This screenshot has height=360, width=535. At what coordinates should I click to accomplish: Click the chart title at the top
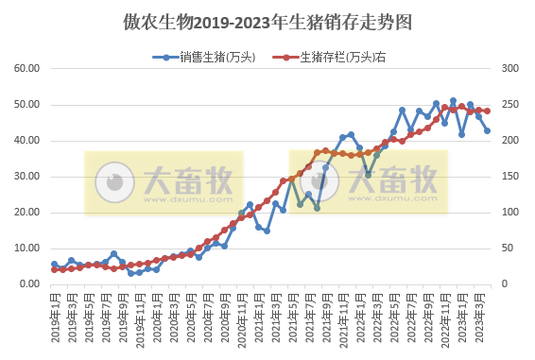click(267, 21)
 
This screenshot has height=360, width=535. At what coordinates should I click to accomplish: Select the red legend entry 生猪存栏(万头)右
click(339, 58)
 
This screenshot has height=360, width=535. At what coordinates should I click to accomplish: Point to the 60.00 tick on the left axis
click(26, 69)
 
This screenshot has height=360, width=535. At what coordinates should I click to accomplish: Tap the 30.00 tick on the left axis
click(26, 177)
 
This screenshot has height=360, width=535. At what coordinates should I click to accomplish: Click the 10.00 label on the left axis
click(26, 249)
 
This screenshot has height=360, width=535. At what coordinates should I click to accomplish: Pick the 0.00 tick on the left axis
click(29, 284)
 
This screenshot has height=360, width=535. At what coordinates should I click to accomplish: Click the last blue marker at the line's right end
click(488, 131)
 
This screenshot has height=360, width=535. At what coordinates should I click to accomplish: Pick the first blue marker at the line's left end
click(54, 265)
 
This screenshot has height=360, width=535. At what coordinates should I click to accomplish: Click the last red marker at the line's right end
click(488, 111)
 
